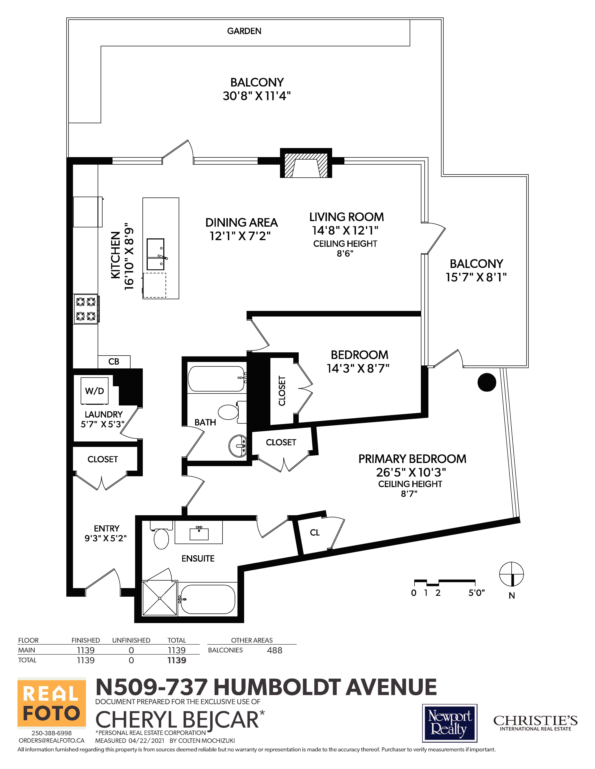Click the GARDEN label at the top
(x=244, y=31)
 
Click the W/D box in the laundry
(x=94, y=391)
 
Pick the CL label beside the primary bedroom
(x=315, y=533)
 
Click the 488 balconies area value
(x=275, y=650)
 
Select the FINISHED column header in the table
(x=86, y=640)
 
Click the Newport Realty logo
(x=450, y=723)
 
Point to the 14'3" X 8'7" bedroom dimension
(x=358, y=368)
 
